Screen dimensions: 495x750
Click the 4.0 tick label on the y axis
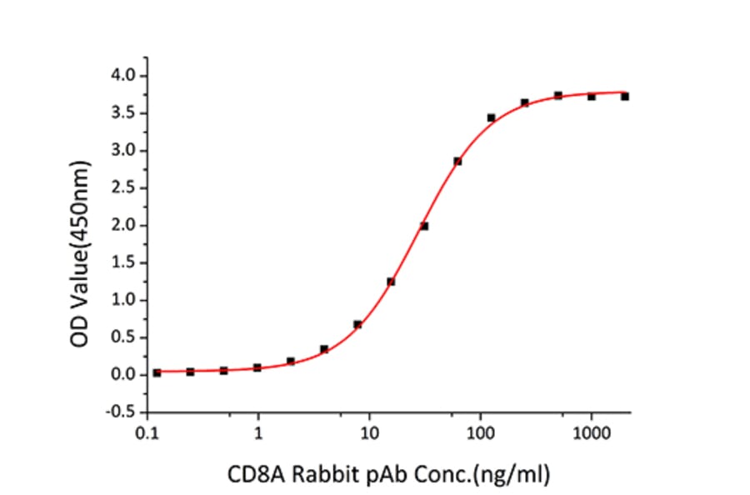pyautogui.click(x=126, y=76)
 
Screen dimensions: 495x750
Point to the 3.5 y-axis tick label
pyautogui.click(x=126, y=113)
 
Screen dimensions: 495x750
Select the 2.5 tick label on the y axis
pyautogui.click(x=126, y=188)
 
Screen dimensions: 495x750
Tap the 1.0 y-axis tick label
pyautogui.click(x=126, y=300)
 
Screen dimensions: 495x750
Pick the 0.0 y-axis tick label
pyautogui.click(x=126, y=375)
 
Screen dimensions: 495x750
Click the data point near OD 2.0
pyautogui.click(x=424, y=226)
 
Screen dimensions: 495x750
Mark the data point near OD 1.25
pyautogui.click(x=391, y=282)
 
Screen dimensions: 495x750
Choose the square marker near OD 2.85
pyautogui.click(x=457, y=161)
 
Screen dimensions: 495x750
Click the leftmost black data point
pyautogui.click(x=157, y=372)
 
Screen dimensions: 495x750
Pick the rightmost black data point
pyautogui.click(x=624, y=97)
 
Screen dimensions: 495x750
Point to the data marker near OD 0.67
pyautogui.click(x=357, y=324)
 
